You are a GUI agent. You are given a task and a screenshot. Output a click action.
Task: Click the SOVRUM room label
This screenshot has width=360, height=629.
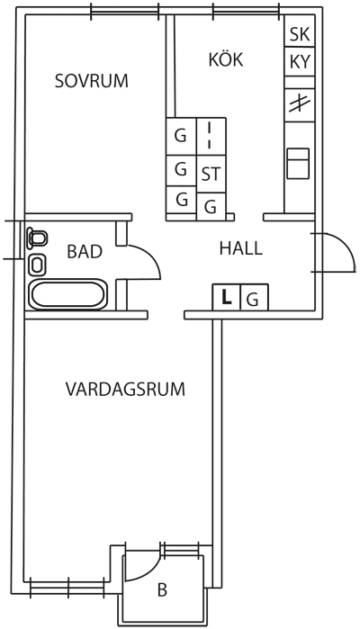click(92, 81)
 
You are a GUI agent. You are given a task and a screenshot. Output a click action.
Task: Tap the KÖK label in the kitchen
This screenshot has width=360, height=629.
click(226, 59)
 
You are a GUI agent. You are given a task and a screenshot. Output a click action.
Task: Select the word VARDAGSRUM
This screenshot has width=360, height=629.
click(125, 389)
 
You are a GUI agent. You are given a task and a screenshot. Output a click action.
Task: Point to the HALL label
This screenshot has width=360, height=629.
click(241, 248)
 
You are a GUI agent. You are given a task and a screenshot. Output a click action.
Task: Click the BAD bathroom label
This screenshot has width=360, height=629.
click(85, 252)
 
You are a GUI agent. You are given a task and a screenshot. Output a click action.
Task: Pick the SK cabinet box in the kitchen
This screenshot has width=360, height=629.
click(300, 31)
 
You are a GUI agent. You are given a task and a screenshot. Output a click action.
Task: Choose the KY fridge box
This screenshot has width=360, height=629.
click(300, 62)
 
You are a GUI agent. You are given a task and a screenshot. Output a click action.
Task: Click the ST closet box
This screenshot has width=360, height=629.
click(211, 174)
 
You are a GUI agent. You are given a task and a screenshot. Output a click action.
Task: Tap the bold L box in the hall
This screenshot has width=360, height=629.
click(227, 297)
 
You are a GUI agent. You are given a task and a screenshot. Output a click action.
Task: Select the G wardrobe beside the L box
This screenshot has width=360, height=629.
click(254, 297)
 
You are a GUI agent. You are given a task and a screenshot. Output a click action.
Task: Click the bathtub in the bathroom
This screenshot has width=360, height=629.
click(67, 295)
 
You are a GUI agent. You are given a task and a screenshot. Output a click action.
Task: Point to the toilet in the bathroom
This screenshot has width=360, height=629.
click(37, 238)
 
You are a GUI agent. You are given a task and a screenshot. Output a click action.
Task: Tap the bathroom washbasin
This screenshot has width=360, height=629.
click(38, 265)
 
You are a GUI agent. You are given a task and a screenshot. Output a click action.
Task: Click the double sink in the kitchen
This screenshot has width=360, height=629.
click(298, 163)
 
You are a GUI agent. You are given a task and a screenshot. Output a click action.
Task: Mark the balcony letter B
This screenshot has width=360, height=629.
click(162, 590)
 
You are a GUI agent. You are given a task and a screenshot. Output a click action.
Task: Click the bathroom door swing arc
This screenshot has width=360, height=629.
click(152, 256)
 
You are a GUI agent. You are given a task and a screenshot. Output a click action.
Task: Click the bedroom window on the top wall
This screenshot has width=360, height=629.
click(125, 11)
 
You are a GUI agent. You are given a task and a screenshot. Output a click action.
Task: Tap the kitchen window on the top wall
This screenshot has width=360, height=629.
click(246, 11)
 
